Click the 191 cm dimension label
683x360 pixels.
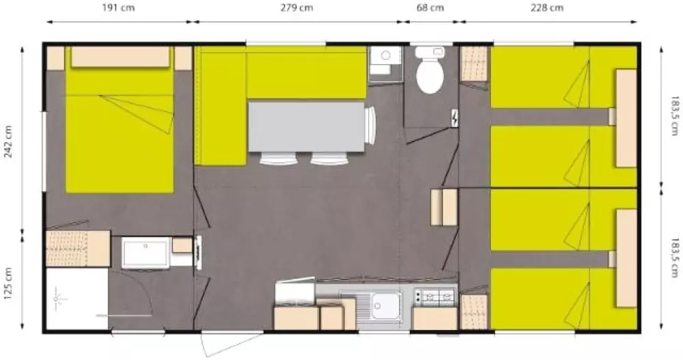click(x=118, y=8)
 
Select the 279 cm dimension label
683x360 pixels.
click(x=296, y=8)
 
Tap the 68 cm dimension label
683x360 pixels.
click(x=430, y=8)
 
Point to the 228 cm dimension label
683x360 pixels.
click(x=547, y=8)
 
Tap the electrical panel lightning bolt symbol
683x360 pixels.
click(x=455, y=118)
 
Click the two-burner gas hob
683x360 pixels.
click(x=435, y=296)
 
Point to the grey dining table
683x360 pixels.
click(x=306, y=127)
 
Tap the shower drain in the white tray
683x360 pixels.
click(x=57, y=299)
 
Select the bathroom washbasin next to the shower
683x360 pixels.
click(x=145, y=253)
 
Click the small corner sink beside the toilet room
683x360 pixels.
click(x=385, y=63)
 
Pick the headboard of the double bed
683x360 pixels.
click(x=120, y=57)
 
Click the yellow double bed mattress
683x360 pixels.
click(x=120, y=130)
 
